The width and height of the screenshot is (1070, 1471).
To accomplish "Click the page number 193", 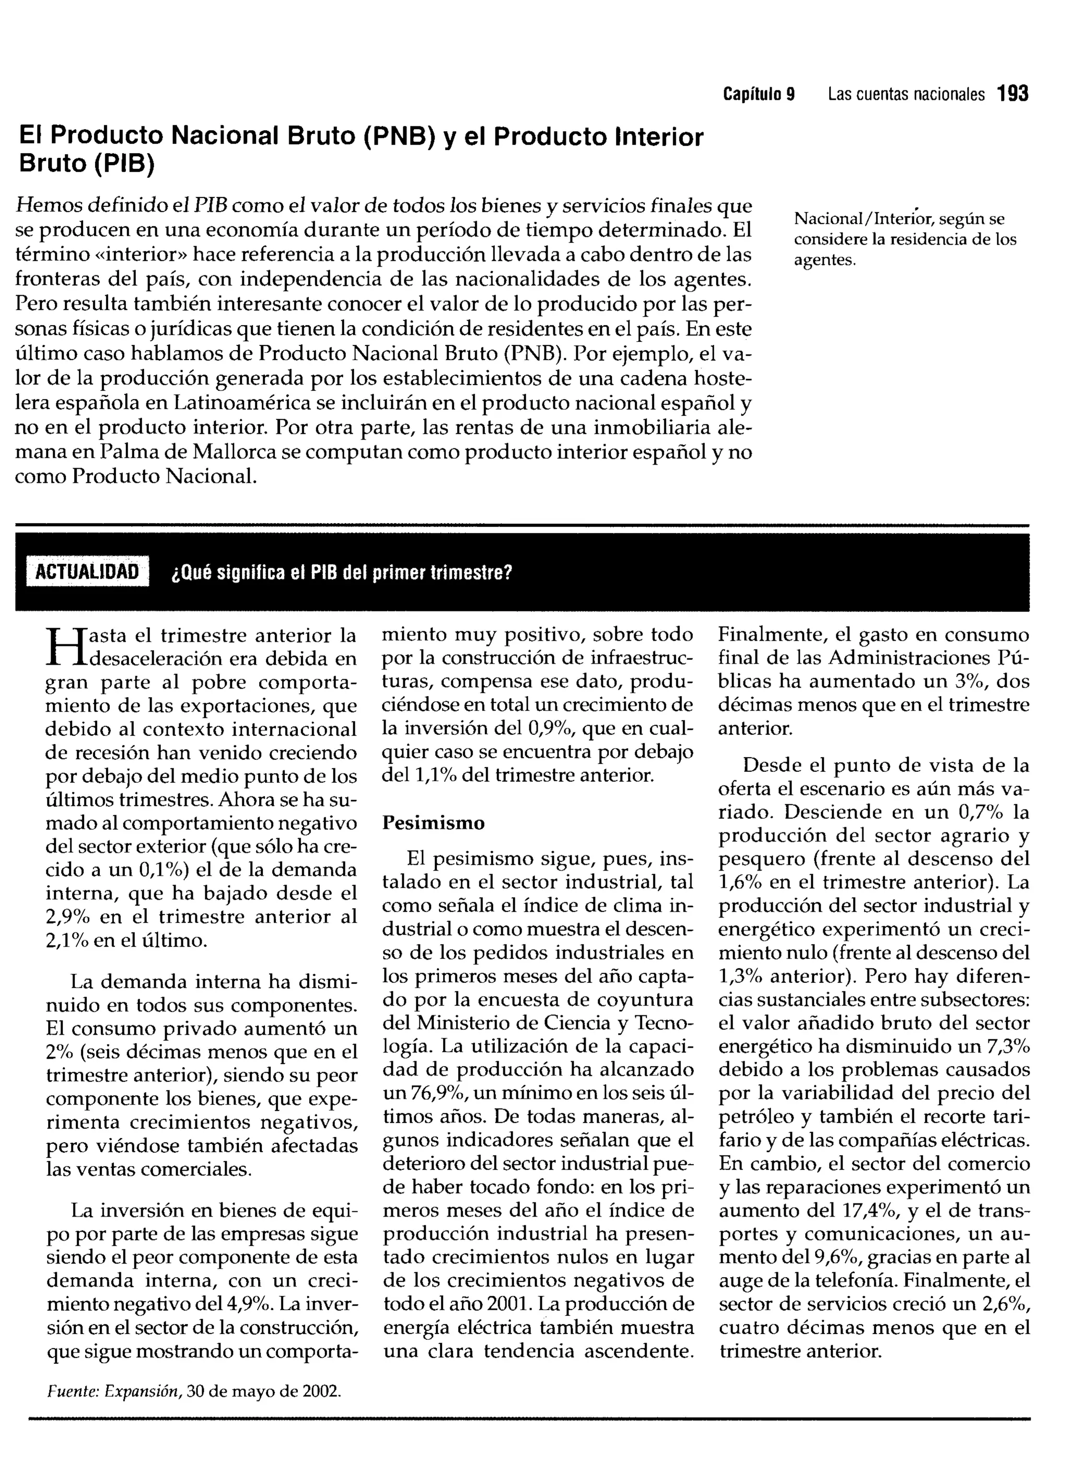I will [x=1013, y=95].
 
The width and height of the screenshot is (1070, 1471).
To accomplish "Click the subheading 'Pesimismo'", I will [x=433, y=823].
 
